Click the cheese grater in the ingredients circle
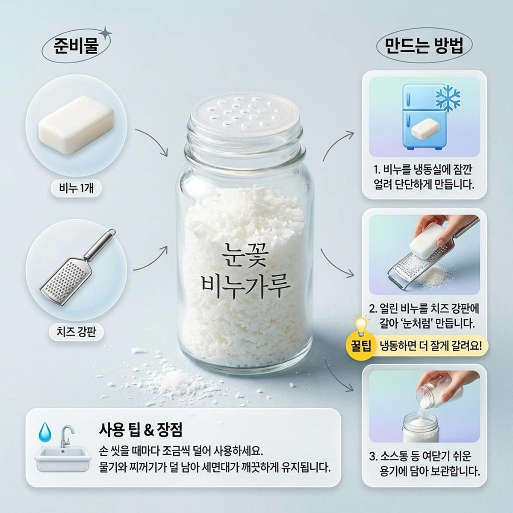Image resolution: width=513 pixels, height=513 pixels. point(77,267)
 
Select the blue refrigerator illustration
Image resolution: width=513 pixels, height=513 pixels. point(423,118)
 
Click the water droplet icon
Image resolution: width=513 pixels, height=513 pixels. point(45,431)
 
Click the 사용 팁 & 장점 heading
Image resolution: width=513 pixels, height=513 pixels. point(141,428)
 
